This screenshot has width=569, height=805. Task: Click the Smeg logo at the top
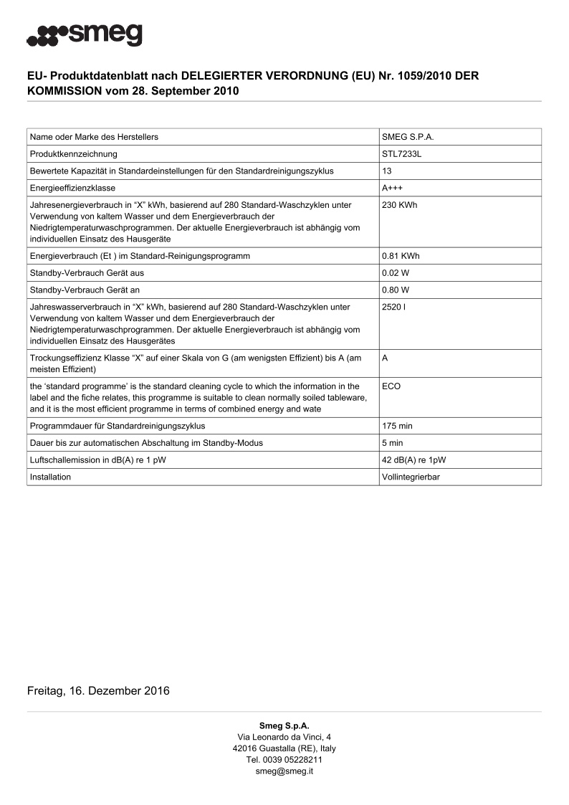tap(85, 34)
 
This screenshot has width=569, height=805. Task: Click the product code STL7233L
tap(401, 154)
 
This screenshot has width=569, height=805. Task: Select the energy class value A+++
tap(393, 188)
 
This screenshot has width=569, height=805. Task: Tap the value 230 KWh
tap(400, 205)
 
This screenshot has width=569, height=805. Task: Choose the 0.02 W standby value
tap(396, 273)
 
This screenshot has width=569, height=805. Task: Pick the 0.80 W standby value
tap(396, 290)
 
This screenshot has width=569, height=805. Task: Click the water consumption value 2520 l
tap(395, 307)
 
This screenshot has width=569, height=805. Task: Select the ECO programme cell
tap(391, 386)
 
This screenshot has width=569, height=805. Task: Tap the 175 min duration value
tap(398, 426)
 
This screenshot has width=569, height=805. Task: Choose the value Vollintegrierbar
tap(411, 477)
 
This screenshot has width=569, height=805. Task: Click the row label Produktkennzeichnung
tap(74, 154)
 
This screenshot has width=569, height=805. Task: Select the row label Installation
tap(50, 477)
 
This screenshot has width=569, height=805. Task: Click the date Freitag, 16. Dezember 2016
tap(98, 691)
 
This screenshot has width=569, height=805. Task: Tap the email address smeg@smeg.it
tap(284, 771)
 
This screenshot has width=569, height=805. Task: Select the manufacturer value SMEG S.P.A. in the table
tap(408, 137)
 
